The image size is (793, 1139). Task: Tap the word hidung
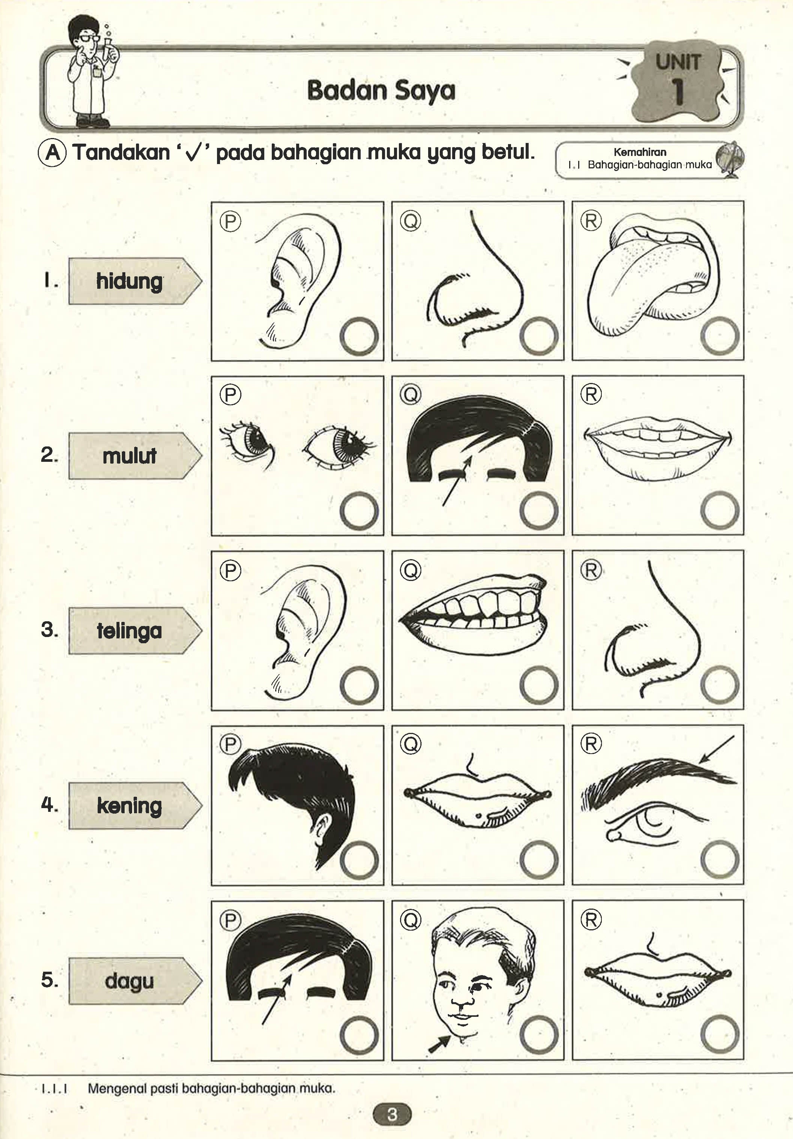point(129,281)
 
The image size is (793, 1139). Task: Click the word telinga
point(129,631)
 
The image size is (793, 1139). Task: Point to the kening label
point(129,805)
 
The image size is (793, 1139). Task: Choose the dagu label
point(129,981)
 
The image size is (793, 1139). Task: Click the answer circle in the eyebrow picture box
point(720,860)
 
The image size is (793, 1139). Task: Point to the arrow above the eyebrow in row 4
point(716,750)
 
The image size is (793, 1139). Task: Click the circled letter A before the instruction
point(52,153)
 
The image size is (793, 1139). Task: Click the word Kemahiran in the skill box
point(640,152)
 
